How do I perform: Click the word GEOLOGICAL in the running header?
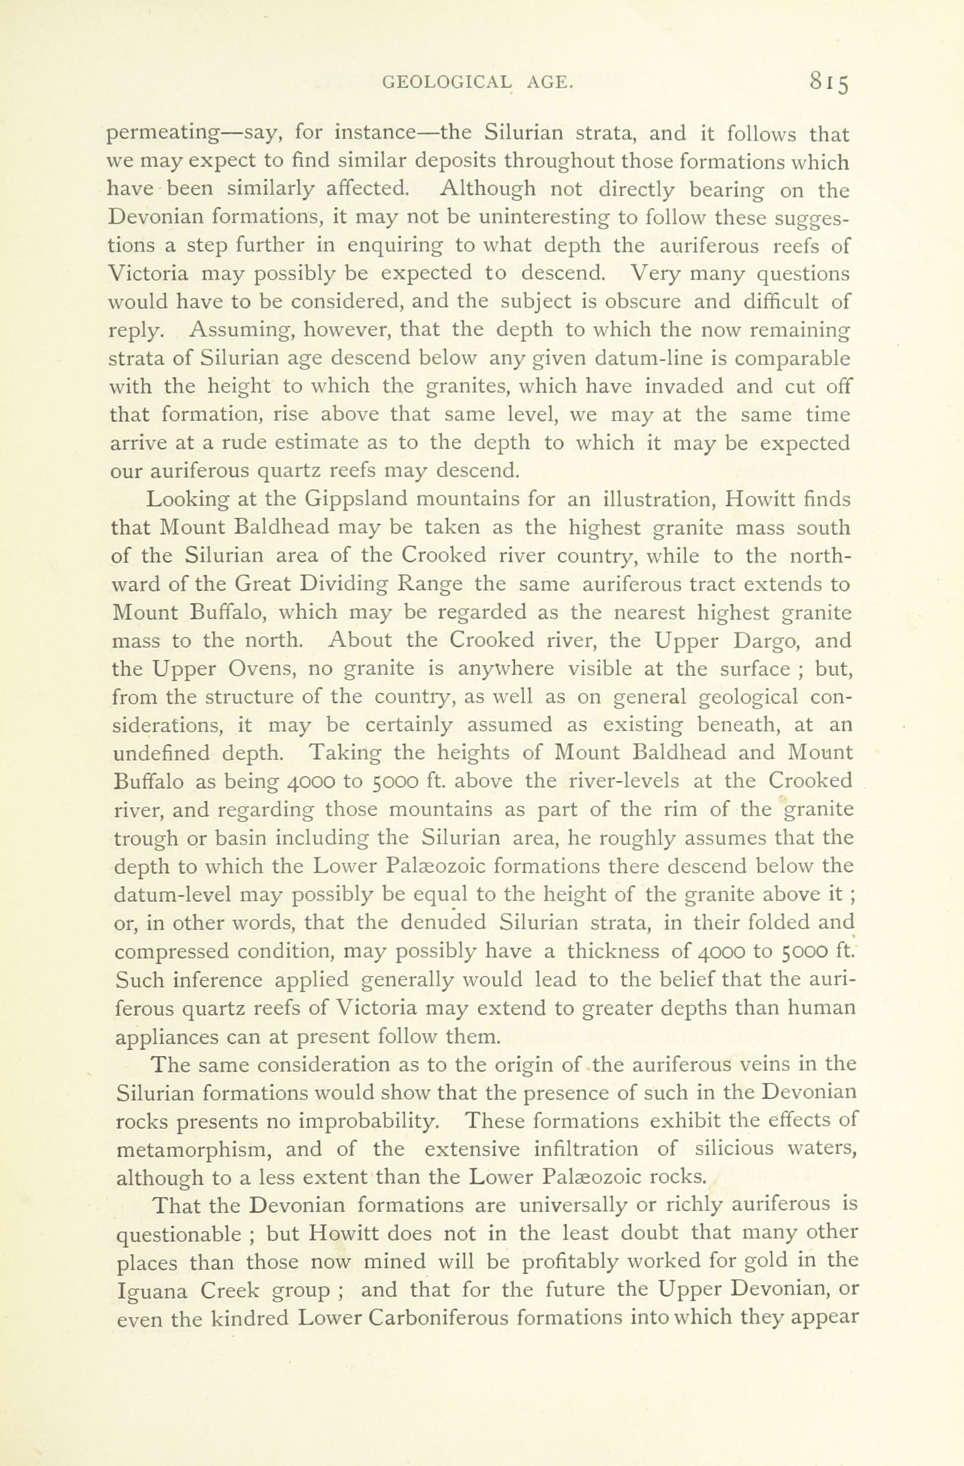pos(446,82)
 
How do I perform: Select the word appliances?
pos(166,1037)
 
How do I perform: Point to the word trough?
pos(145,838)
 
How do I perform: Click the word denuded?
pos(443,923)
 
